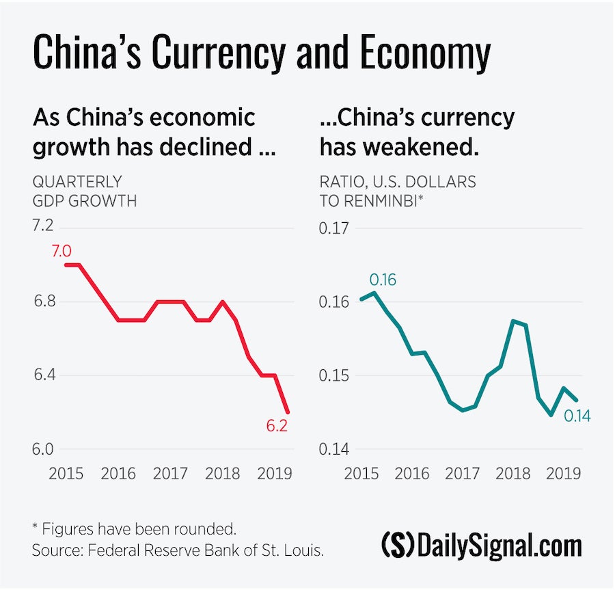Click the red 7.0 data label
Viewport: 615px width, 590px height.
61,252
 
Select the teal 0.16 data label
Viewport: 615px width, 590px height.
383,280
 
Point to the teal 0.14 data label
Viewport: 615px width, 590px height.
577,416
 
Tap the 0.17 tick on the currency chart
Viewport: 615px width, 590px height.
334,227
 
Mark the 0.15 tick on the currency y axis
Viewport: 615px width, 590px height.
334,375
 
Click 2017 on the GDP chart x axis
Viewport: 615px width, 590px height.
170,473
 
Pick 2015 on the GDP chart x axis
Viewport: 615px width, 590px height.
67,473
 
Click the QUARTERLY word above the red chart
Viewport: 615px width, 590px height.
77,182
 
